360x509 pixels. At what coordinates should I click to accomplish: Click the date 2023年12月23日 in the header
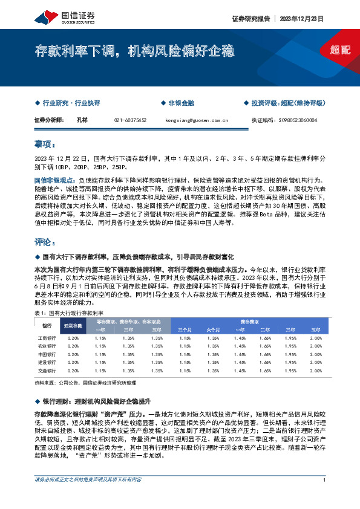coord(304,19)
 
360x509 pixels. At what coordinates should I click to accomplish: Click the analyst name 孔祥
coord(82,120)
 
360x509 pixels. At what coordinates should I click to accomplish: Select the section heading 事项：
coord(45,145)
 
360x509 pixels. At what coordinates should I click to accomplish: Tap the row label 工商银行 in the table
coord(47,338)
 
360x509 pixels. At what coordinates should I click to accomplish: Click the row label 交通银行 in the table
coord(47,369)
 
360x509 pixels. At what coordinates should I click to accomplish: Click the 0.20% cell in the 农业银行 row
coord(73,346)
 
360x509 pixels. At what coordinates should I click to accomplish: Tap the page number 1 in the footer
coord(325,497)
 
